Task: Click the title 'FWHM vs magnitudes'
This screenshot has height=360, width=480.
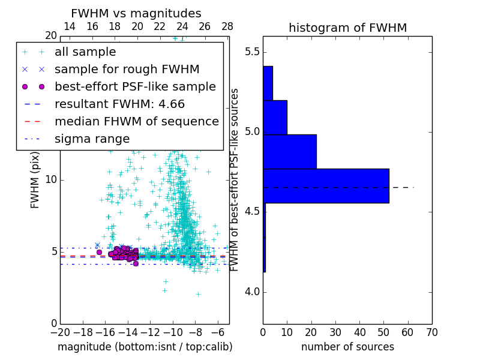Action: tap(136, 13)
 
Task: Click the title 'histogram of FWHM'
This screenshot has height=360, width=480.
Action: tap(347, 28)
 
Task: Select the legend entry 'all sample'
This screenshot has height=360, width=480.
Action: tap(85, 52)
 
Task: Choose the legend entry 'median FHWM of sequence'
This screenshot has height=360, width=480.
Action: tap(136, 121)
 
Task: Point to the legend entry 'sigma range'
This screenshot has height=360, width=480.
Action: tap(92, 139)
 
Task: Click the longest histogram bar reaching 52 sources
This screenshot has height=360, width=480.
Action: tap(326, 185)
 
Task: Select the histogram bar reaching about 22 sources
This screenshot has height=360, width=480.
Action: tap(289, 151)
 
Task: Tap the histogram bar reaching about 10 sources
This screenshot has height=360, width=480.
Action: tap(275, 117)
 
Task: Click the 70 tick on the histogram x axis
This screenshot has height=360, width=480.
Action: tap(431, 332)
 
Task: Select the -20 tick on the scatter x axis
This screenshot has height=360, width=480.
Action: tap(60, 332)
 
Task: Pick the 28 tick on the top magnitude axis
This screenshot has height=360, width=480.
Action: tap(227, 26)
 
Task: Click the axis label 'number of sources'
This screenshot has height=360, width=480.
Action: tap(347, 347)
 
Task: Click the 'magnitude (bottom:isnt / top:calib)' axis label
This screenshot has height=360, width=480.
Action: tap(145, 347)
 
